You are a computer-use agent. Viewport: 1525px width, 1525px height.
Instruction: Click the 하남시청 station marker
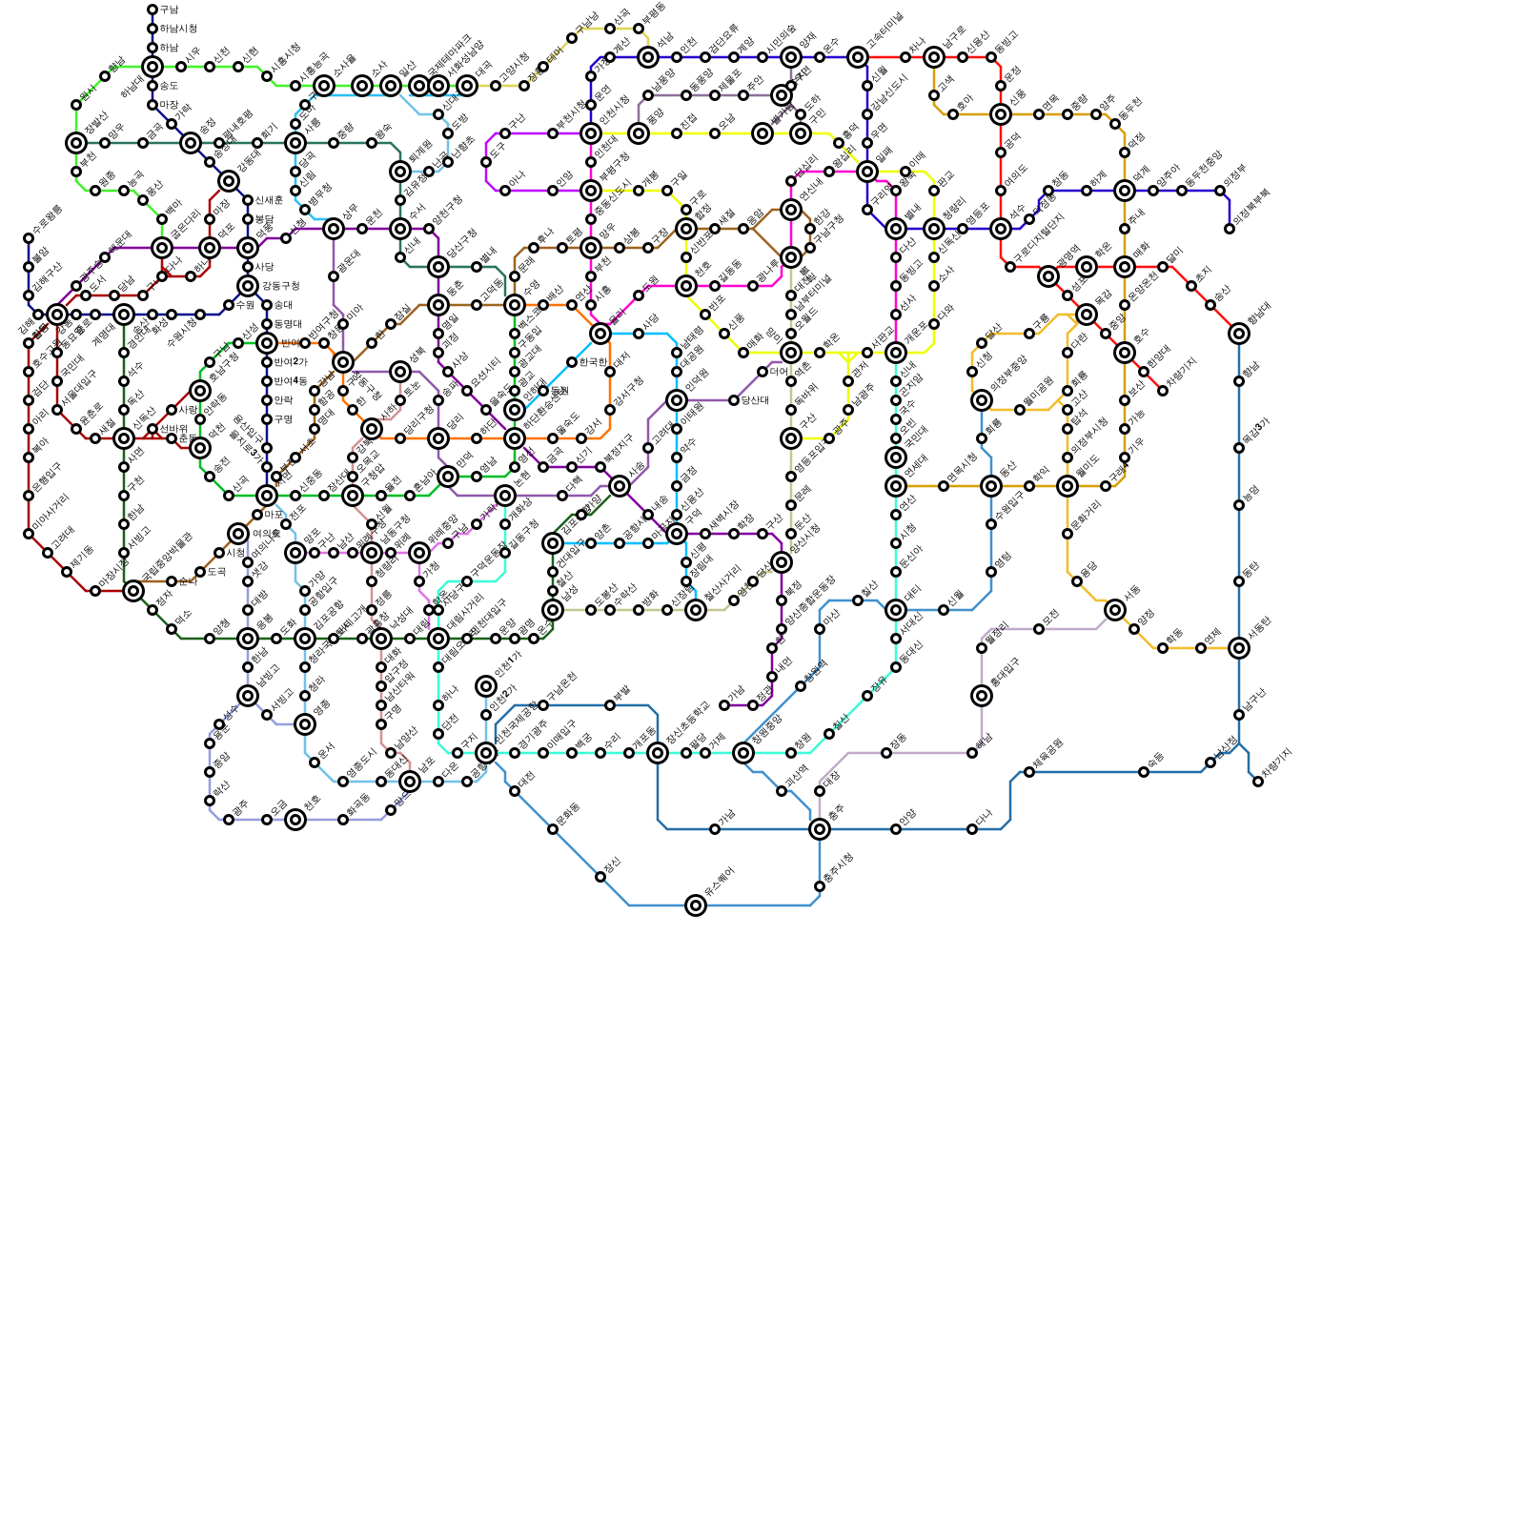coord(152,29)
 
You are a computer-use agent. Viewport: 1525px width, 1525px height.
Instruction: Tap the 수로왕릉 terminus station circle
coord(29,238)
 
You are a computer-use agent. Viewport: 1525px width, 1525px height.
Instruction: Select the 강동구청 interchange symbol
coord(248,286)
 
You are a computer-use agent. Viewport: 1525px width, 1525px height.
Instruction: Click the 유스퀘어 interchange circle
coord(696,905)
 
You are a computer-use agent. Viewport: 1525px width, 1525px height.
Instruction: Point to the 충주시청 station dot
coord(820,886)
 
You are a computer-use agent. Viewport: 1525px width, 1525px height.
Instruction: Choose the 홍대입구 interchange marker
coord(982,696)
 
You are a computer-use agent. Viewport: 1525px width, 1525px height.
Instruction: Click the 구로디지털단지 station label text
coord(1038,243)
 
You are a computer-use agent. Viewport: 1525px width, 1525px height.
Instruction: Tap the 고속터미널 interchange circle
coord(858,57)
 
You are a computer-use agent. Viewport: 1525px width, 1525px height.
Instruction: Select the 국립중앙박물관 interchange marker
coord(133,591)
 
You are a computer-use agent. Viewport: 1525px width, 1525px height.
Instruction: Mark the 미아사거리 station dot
coord(29,534)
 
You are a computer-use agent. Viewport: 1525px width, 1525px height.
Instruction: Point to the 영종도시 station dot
coord(343,782)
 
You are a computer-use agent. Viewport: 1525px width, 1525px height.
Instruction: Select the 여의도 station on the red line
coord(1001,191)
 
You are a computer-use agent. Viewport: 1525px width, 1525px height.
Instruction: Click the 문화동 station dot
coord(553,829)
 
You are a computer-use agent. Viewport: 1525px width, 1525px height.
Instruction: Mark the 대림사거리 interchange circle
coord(438,639)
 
